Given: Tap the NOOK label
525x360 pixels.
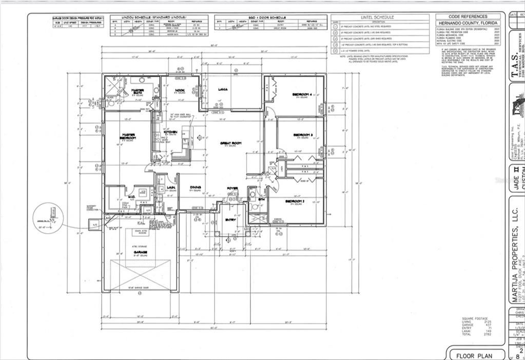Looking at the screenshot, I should (x=180, y=90).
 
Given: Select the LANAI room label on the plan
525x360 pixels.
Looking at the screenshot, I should (x=223, y=89).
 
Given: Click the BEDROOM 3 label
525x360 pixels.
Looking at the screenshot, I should (x=302, y=135).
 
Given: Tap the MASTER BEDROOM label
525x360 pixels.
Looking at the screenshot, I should (x=128, y=137).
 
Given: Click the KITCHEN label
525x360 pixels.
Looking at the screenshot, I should (x=170, y=132).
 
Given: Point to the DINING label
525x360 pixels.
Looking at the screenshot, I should (x=195, y=187).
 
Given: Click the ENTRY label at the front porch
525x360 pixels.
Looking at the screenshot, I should (x=230, y=221).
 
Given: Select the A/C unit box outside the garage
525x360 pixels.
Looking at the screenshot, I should (x=95, y=224).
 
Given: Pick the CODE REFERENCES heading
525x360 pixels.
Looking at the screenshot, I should (x=468, y=16).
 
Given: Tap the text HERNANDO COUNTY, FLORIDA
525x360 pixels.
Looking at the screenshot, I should (x=468, y=24).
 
